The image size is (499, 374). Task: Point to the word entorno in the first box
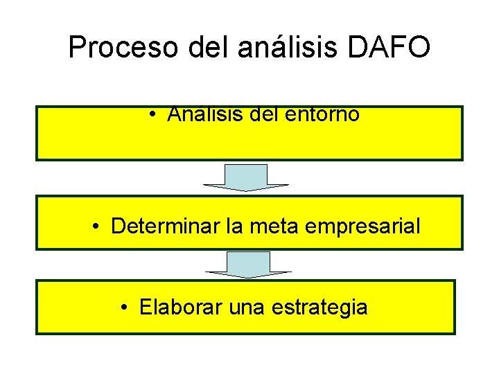[322, 114]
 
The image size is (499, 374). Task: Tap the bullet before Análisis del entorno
[151, 115]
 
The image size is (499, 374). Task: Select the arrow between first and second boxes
[246, 177]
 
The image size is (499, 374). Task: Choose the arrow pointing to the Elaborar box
[248, 264]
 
